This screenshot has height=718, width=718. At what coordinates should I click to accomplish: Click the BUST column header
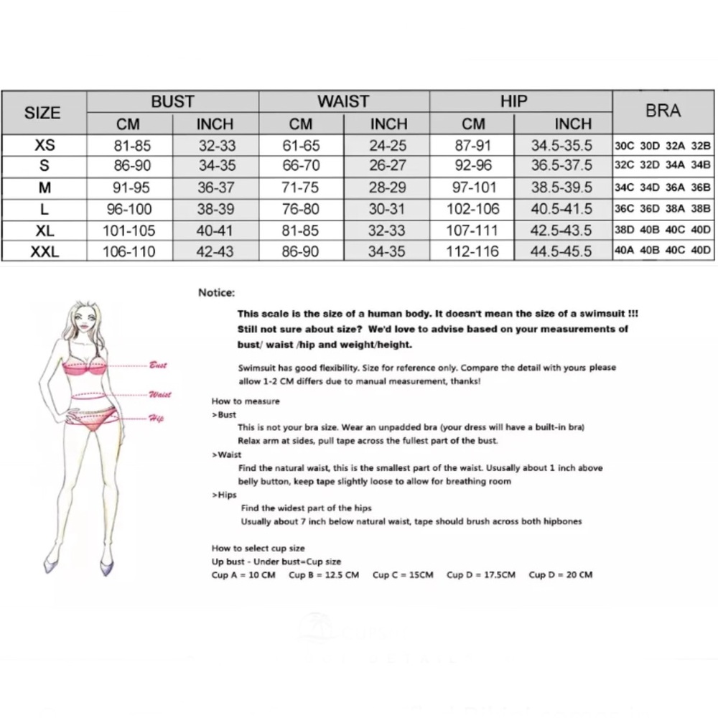point(172,101)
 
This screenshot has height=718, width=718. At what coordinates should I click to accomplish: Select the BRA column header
point(663,111)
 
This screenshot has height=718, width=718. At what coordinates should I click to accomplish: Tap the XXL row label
point(45,251)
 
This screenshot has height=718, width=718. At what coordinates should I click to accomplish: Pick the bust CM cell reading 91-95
point(131,187)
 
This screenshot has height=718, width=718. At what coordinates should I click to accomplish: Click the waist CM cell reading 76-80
point(300,209)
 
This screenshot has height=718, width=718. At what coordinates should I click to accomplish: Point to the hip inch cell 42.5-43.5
point(561,230)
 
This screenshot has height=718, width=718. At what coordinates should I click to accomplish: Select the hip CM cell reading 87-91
point(472,145)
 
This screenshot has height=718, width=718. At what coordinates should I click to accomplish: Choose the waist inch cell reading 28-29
point(388,187)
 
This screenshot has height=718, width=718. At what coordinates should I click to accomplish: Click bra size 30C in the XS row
point(624,146)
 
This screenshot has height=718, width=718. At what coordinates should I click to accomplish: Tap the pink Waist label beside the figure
point(160,394)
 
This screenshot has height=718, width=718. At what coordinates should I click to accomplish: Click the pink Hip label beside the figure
point(156,418)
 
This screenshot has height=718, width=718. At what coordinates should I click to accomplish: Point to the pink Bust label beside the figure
point(158,365)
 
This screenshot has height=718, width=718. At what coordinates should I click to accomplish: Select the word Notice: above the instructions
point(216,293)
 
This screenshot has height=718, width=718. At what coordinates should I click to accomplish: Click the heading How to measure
point(246,401)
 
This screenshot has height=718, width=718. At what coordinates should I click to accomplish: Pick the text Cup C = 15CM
point(403,574)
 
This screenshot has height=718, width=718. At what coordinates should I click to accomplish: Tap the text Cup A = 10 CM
point(243,574)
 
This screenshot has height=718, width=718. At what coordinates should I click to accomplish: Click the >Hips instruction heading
point(224,495)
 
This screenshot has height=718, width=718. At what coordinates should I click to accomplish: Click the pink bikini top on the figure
point(85,368)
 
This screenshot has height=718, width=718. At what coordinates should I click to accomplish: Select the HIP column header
point(514,101)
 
